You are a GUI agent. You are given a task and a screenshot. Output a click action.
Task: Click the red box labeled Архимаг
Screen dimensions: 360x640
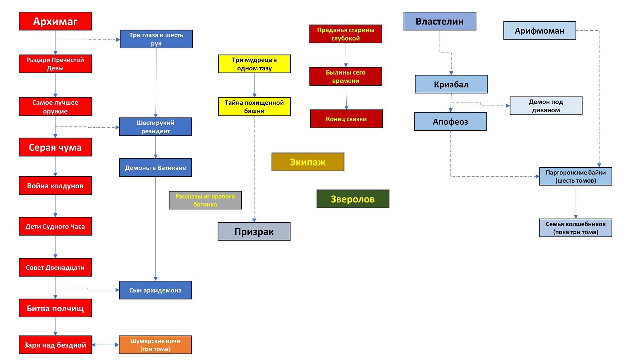click(x=55, y=21)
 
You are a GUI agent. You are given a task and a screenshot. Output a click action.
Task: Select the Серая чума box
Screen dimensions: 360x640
click(x=55, y=147)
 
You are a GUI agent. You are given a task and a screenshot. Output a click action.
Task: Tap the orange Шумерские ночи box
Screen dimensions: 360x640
click(x=155, y=345)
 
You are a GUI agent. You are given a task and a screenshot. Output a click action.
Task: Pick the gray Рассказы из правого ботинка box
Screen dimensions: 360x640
click(x=205, y=200)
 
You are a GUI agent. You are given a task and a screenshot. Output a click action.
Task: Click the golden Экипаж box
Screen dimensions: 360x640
click(x=308, y=162)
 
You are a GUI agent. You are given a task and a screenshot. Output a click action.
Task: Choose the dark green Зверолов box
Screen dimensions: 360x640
click(x=353, y=199)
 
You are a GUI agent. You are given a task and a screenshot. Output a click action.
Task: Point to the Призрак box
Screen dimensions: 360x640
click(x=254, y=231)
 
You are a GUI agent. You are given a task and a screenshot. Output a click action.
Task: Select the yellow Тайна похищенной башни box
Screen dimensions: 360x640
click(x=254, y=107)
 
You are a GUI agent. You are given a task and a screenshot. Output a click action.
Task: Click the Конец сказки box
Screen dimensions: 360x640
click(x=346, y=119)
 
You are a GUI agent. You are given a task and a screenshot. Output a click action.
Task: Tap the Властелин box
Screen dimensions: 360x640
click(x=439, y=21)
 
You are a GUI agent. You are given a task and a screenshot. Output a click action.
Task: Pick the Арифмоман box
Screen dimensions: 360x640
click(x=539, y=31)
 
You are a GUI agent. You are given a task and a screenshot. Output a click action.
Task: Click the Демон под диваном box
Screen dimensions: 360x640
click(x=546, y=106)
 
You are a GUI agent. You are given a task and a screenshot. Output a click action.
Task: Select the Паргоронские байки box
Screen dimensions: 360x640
click(x=576, y=176)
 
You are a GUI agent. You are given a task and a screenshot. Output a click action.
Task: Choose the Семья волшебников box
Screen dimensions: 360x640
click(x=576, y=228)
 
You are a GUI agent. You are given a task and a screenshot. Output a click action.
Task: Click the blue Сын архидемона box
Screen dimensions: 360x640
click(x=155, y=290)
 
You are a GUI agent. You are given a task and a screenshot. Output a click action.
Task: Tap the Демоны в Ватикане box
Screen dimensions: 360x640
click(x=155, y=167)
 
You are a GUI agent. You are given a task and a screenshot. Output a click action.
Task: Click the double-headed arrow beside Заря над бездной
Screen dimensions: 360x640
click(x=105, y=345)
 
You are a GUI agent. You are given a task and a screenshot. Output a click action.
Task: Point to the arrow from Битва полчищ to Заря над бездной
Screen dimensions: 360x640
click(x=55, y=326)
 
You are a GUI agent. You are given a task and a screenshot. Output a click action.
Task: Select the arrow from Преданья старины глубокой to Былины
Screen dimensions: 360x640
click(x=346, y=55)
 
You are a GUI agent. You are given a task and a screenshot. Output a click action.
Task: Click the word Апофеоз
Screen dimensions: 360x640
click(x=450, y=122)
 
